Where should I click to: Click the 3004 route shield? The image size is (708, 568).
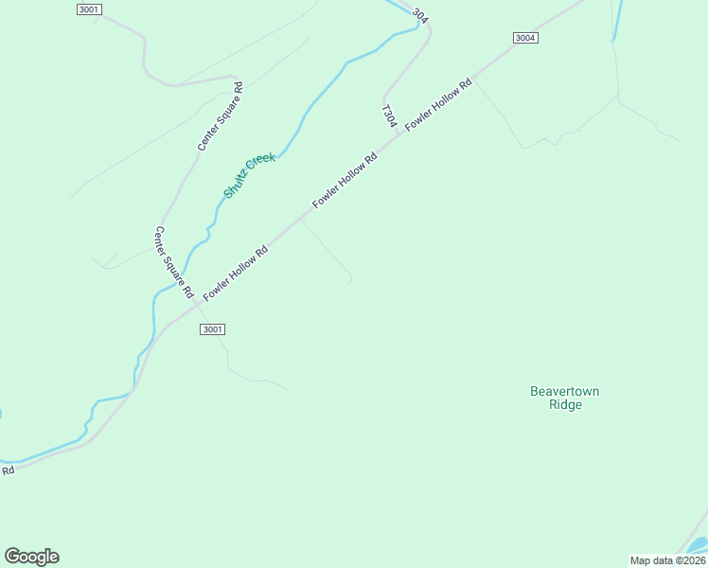point(525,38)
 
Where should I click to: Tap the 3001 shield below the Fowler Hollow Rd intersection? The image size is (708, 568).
point(212,329)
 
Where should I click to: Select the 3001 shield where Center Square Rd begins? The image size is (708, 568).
point(88,9)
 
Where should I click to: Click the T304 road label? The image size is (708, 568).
point(388,115)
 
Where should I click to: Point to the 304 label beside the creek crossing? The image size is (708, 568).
point(420,16)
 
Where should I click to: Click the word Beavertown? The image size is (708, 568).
point(564,391)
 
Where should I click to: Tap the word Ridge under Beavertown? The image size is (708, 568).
point(565,405)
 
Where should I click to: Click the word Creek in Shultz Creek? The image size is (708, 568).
point(261,162)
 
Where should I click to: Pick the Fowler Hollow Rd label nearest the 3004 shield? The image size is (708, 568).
point(438,105)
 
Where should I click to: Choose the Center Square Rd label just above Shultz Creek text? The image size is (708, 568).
point(221,116)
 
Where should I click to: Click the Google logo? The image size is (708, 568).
point(31,557)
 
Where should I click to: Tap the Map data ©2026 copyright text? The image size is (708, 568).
point(667,560)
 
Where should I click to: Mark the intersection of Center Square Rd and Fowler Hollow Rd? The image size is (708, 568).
point(196,305)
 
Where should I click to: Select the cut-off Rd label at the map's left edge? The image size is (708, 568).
point(8,470)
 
